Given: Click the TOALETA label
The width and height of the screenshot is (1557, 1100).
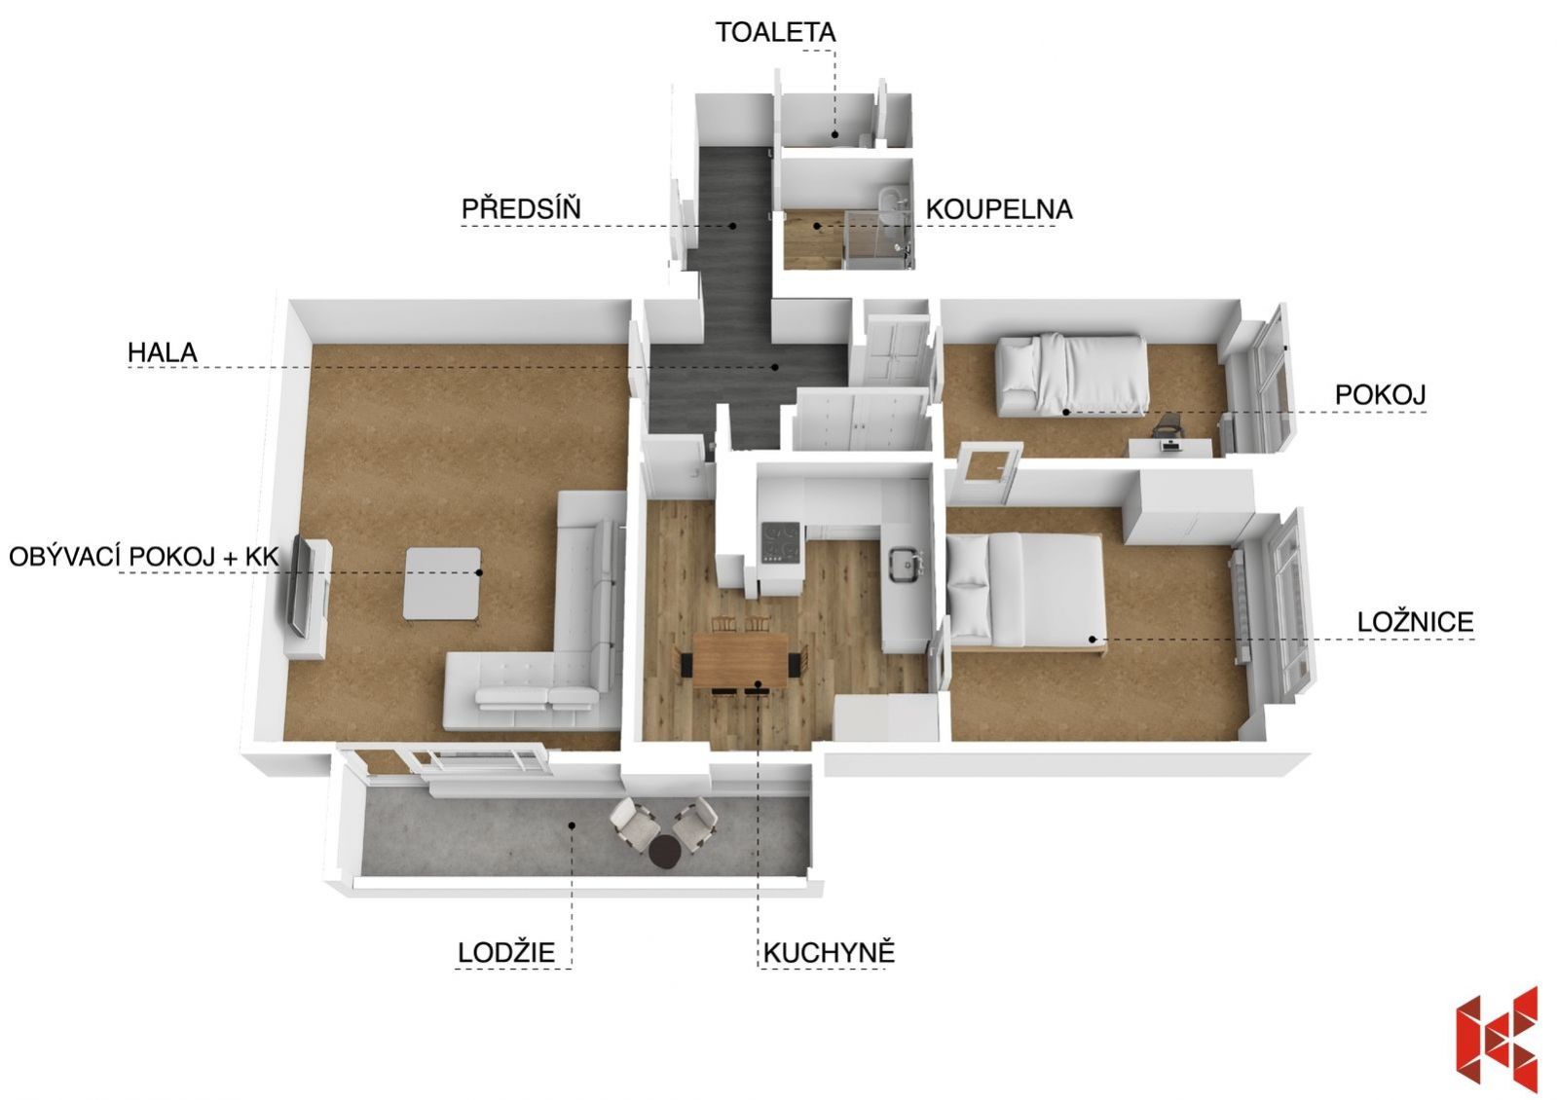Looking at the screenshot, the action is click(x=775, y=33).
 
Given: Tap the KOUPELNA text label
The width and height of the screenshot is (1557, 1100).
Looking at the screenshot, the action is click(x=999, y=209).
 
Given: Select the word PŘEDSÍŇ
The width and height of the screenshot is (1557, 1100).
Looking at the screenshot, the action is click(x=521, y=207).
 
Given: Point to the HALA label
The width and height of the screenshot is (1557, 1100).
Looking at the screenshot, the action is click(x=162, y=352).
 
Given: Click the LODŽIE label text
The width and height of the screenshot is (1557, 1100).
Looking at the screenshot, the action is click(x=506, y=951).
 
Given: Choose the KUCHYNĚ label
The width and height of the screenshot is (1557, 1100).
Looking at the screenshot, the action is click(x=829, y=951).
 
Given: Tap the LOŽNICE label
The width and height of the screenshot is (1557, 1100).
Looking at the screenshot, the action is click(x=1415, y=621).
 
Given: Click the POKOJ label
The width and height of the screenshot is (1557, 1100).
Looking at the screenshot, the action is click(x=1381, y=394).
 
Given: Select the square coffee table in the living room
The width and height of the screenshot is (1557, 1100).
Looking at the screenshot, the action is click(x=442, y=583).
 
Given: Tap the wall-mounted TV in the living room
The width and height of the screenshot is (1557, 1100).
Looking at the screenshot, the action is click(x=300, y=585).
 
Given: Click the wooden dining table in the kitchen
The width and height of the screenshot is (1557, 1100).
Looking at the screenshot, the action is click(x=741, y=659).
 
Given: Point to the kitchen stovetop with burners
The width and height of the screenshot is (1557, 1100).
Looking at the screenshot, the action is click(x=782, y=541).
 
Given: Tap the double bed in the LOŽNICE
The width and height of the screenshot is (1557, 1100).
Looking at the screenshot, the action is click(x=1026, y=592).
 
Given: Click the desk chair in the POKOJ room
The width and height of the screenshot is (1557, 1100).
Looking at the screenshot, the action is click(x=1168, y=425).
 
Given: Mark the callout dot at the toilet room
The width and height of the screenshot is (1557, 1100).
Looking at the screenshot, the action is click(x=835, y=134).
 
